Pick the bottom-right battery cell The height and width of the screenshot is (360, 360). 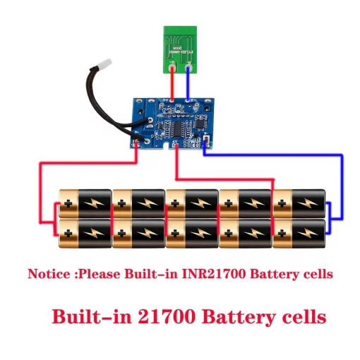coord(299,232)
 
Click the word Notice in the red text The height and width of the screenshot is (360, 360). coord(47,273)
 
